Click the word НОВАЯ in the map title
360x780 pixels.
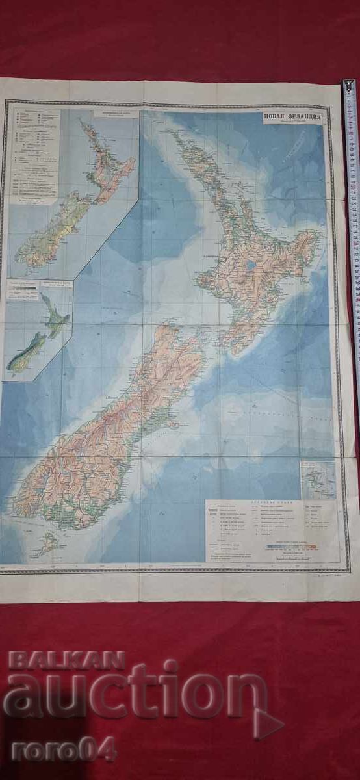click(274, 117)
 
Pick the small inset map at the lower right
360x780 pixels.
click(318, 480)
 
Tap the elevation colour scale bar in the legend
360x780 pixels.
click(292, 547)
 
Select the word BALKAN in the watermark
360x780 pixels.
click(66, 660)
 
